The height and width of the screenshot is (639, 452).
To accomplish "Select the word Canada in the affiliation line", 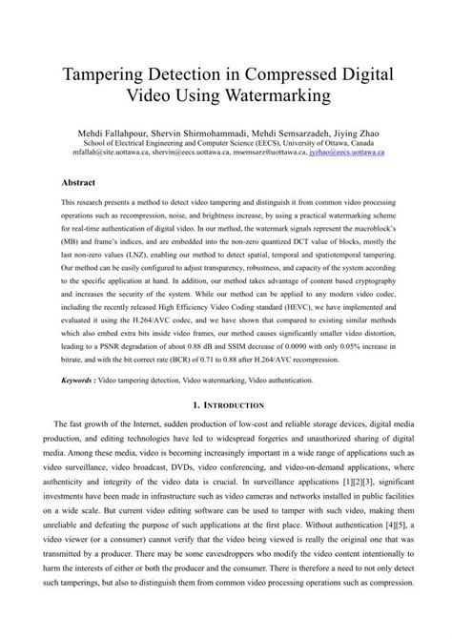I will pyautogui.click(x=369, y=141).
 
